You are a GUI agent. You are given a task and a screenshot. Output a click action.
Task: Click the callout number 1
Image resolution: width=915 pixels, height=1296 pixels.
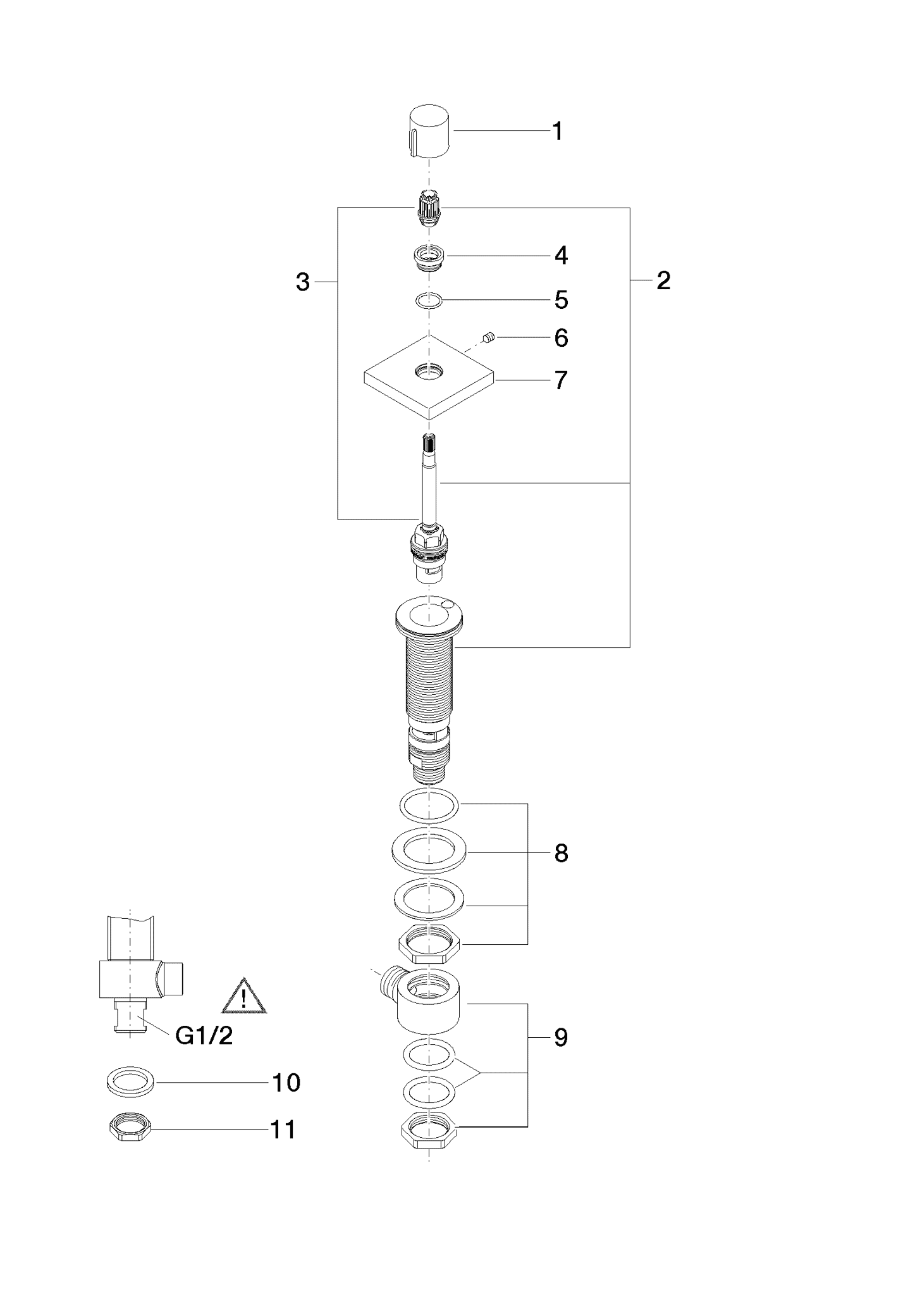point(558,132)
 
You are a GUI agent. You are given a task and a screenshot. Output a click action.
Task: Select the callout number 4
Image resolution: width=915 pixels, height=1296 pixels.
point(561,256)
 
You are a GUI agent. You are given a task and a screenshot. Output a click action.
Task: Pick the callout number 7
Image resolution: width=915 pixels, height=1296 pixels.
point(561,381)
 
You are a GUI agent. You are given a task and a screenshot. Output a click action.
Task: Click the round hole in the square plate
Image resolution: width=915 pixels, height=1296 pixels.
point(429,371)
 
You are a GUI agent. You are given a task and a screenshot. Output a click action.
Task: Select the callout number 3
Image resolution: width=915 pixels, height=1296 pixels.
point(303,282)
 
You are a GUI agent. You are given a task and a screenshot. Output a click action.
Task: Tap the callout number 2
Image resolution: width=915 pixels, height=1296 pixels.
point(663,280)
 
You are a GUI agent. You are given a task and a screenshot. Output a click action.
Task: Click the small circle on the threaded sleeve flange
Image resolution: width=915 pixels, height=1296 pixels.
point(448,605)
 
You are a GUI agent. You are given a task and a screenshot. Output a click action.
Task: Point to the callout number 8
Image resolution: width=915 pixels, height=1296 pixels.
point(561,854)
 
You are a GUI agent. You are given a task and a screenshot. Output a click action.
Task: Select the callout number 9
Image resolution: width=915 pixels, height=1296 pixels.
point(561,1038)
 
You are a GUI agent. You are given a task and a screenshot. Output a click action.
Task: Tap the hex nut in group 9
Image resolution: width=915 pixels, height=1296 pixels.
point(429,1128)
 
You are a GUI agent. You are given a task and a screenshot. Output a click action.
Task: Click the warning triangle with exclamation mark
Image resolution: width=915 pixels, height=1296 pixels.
point(243,998)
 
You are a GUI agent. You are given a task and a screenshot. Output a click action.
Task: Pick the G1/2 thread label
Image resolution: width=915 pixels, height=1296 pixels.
point(204,1036)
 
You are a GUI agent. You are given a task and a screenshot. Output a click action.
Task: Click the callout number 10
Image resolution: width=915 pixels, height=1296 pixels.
point(286,1083)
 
